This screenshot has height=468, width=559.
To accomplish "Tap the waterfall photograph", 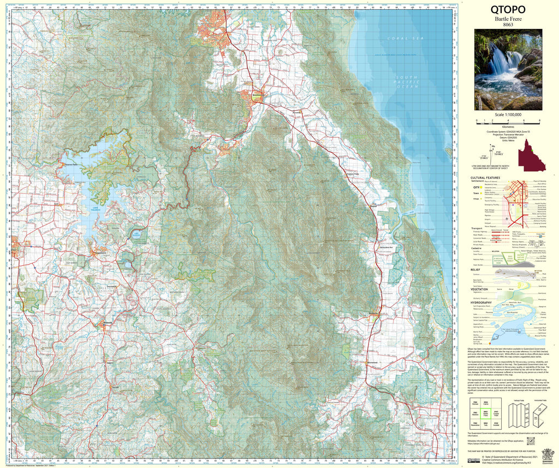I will [508, 69].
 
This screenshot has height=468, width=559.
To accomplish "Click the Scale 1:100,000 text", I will [508, 115].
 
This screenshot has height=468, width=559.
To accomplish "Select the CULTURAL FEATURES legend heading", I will [485, 177].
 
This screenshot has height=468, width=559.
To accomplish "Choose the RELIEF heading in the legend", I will [475, 270].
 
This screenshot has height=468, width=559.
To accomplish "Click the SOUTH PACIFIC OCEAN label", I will [407, 82].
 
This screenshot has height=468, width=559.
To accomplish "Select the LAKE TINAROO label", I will [92, 207].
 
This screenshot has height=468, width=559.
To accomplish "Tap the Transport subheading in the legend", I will [478, 229].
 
